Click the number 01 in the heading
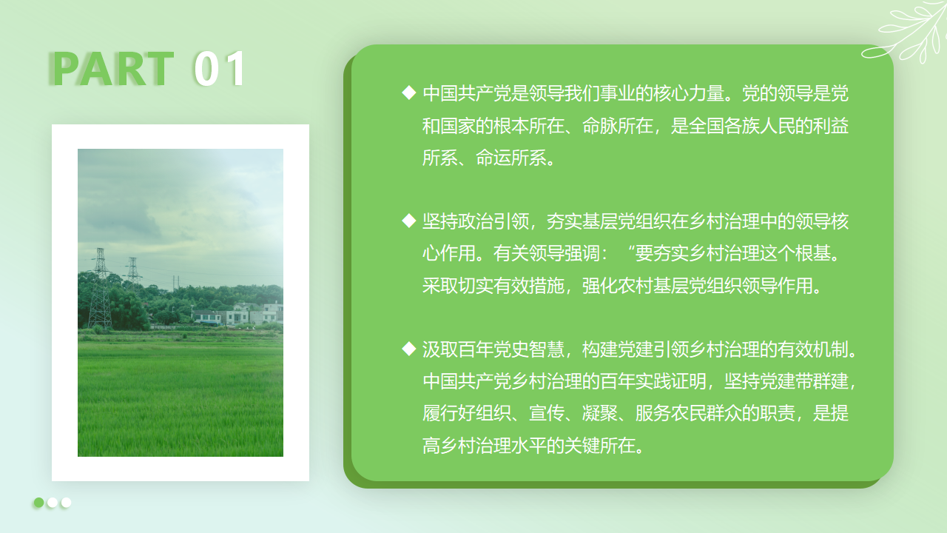click(220, 69)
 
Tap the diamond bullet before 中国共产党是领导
click(409, 93)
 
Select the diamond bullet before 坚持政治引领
click(409, 221)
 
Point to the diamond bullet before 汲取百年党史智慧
click(409, 349)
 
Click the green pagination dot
click(39, 503)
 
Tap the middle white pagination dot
click(53, 503)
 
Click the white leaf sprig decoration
click(905, 32)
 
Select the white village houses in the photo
click(237, 314)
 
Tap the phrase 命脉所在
click(618, 126)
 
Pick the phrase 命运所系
click(511, 158)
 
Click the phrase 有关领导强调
click(547, 253)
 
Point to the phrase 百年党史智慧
click(511, 350)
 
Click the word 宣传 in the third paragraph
click(547, 413)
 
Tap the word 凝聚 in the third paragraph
click(600, 413)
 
